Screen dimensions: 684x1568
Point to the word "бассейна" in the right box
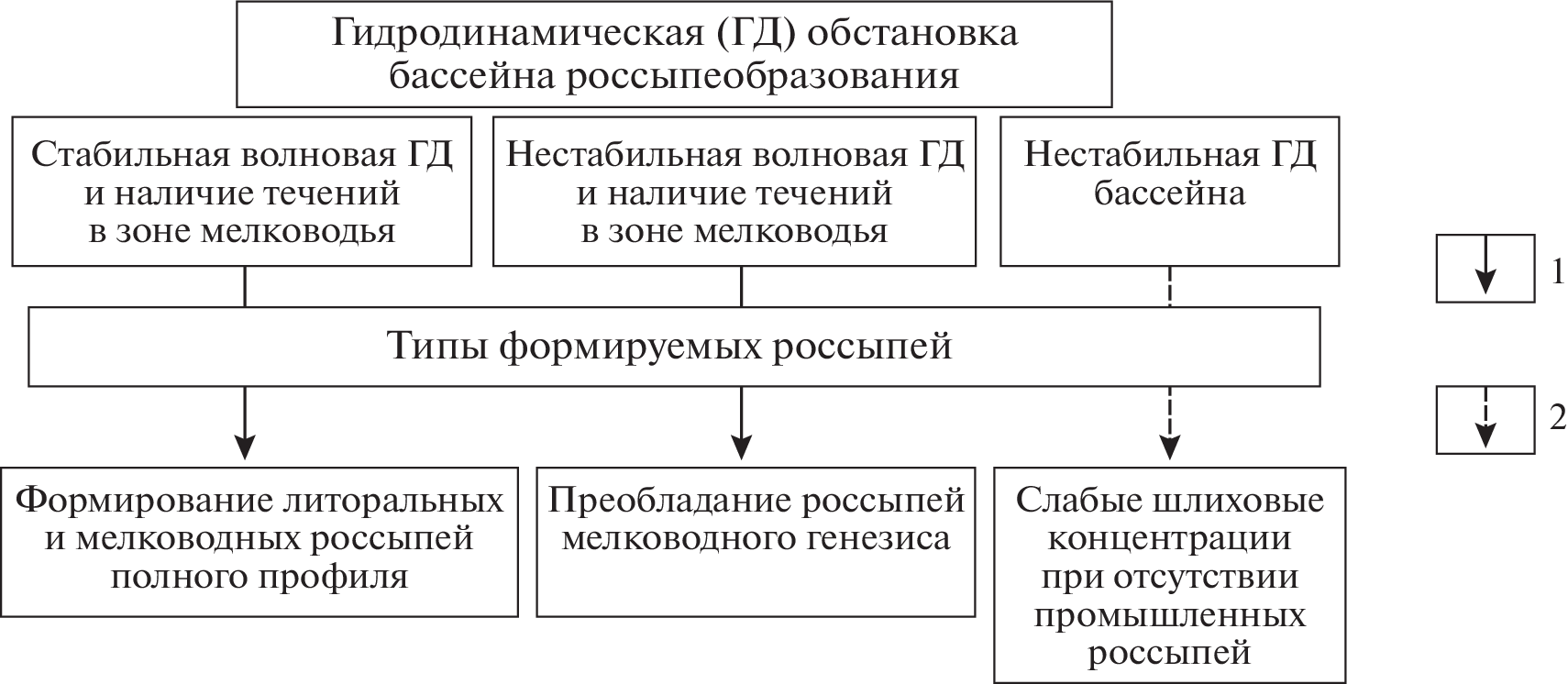point(1169,193)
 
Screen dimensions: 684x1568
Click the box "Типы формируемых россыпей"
point(674,347)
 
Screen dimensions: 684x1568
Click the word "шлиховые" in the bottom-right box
point(1231,501)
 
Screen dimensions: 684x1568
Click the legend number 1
point(1557,272)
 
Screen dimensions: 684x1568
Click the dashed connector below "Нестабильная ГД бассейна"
point(1170,286)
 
